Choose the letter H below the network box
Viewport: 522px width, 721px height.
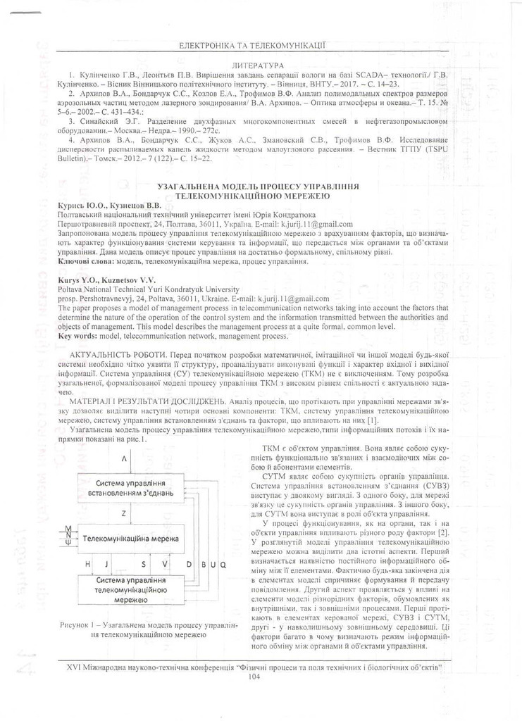point(87,565)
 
